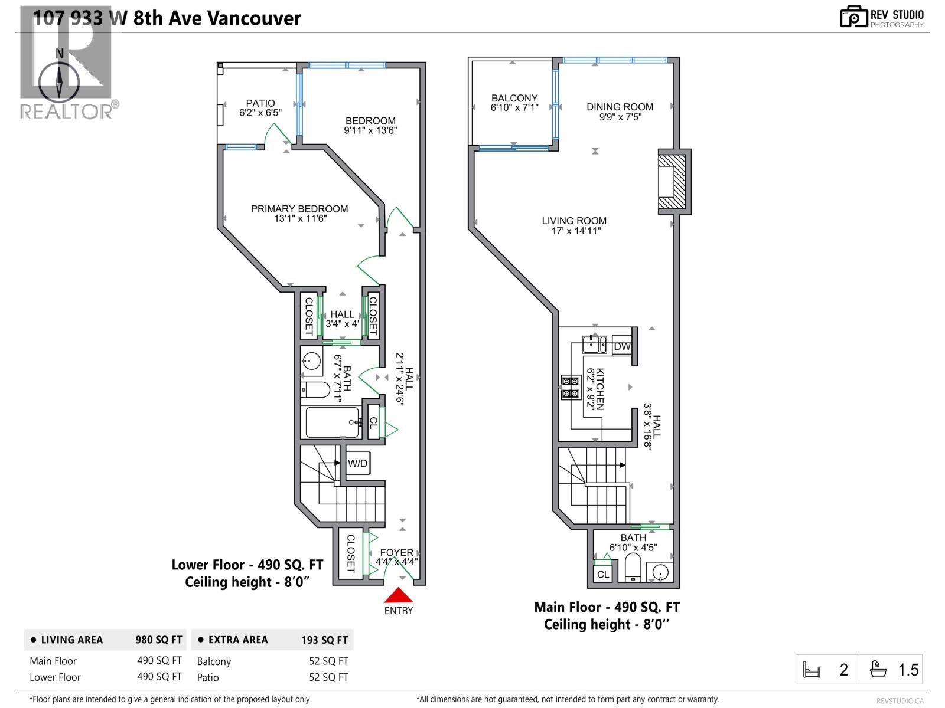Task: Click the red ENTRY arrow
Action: click(399, 595)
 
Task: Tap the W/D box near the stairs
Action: click(357, 463)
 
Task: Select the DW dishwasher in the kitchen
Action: click(622, 346)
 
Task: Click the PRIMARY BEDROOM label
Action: click(299, 209)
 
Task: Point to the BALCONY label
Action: click(514, 98)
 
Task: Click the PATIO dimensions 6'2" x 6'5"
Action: click(260, 113)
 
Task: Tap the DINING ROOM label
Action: click(620, 107)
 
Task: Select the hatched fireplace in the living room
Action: click(672, 182)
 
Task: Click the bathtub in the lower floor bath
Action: click(332, 422)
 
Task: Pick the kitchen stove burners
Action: click(571, 387)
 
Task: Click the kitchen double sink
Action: click(594, 345)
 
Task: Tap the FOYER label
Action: click(396, 552)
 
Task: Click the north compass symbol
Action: click(59, 81)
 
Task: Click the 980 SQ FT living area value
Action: click(159, 640)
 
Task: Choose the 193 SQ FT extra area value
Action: click(324, 640)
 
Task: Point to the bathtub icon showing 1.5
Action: click(879, 669)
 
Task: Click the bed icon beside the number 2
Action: click(812, 670)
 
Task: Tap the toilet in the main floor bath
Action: click(633, 567)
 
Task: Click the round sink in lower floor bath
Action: click(311, 361)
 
